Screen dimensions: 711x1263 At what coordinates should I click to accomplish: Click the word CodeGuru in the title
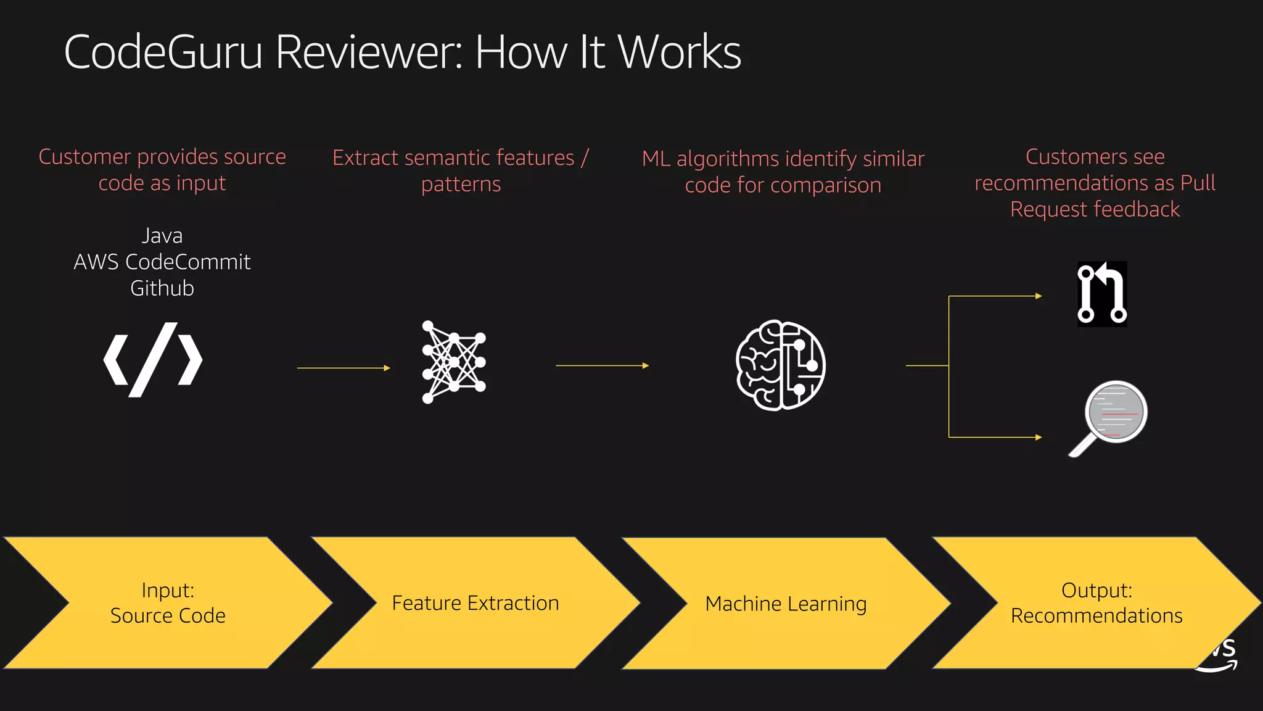[163, 52]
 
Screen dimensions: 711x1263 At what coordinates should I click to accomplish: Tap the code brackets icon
[153, 359]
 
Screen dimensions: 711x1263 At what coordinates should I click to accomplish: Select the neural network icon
[453, 362]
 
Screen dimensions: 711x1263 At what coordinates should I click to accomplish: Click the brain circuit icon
[780, 365]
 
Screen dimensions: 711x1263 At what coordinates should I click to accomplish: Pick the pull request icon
[1102, 294]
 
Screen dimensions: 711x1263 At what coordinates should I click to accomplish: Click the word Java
[162, 236]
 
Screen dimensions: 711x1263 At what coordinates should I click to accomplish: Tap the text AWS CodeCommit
[162, 262]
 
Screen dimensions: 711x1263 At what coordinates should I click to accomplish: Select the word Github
[162, 288]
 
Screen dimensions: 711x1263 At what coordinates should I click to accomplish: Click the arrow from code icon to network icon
[344, 368]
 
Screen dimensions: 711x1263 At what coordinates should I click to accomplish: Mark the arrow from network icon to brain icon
[603, 365]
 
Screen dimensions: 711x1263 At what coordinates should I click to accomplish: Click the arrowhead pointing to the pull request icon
[1039, 296]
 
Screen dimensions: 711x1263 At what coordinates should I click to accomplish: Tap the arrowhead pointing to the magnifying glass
[1039, 437]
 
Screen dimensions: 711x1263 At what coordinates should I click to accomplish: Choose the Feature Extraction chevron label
[475, 603]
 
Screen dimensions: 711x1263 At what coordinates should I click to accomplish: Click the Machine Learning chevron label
[786, 604]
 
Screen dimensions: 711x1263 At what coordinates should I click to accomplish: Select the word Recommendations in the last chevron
[1096, 616]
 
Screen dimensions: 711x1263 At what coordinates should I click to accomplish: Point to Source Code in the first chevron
[168, 616]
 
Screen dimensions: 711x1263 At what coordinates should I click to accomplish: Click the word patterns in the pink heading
[461, 185]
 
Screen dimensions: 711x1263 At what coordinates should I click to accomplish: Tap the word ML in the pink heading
[656, 159]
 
